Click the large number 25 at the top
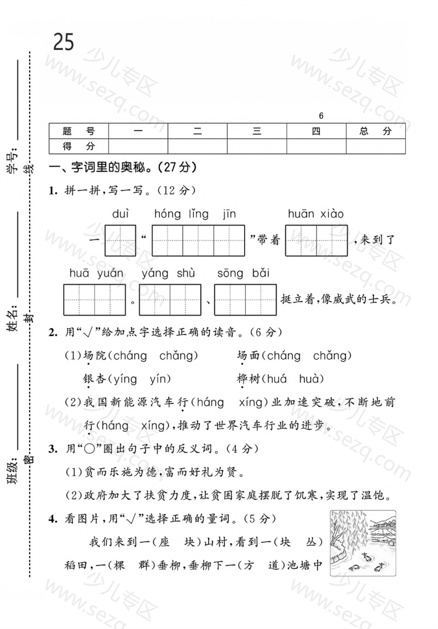64,42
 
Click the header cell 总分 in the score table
376,131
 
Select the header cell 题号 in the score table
79,131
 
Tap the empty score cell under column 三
257,146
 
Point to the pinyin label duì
120,214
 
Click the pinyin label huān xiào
316,214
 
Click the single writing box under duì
120,241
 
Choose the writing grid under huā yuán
95,300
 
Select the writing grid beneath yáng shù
170,300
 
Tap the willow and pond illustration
362,542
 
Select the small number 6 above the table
321,116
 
